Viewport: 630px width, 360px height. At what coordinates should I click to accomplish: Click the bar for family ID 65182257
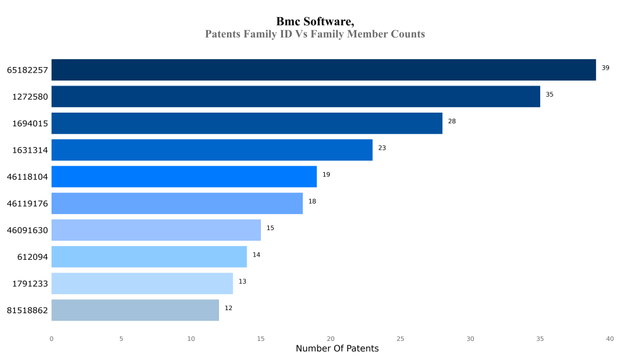[x=324, y=70]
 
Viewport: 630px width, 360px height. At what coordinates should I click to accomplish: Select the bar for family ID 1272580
[x=295, y=97]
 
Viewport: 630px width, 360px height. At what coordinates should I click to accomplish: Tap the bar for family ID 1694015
[x=247, y=123]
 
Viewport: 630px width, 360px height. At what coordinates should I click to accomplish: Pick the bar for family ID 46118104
[x=184, y=177]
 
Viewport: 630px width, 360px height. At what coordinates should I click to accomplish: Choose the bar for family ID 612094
[x=149, y=257]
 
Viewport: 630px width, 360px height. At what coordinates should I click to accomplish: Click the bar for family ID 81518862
[x=135, y=310]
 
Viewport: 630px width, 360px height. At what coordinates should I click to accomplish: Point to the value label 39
[x=605, y=68]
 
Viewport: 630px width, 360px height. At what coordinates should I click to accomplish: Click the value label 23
[x=381, y=148]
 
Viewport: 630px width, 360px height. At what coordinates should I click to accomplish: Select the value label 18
[x=312, y=201]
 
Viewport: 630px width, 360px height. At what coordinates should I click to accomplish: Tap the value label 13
[x=242, y=281]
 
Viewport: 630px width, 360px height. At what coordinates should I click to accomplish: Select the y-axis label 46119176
[x=27, y=204]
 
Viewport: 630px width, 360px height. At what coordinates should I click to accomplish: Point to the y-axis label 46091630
[x=27, y=230]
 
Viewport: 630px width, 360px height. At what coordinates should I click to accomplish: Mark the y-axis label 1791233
[x=30, y=284]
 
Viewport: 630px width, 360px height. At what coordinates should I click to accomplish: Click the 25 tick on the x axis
[x=401, y=338]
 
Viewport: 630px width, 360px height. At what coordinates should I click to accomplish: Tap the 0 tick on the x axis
[x=51, y=338]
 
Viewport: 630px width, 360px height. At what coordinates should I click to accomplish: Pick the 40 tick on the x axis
[x=610, y=338]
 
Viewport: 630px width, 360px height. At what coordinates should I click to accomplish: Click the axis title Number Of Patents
[x=337, y=349]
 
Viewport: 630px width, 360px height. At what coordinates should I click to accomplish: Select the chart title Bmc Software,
[x=315, y=22]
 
